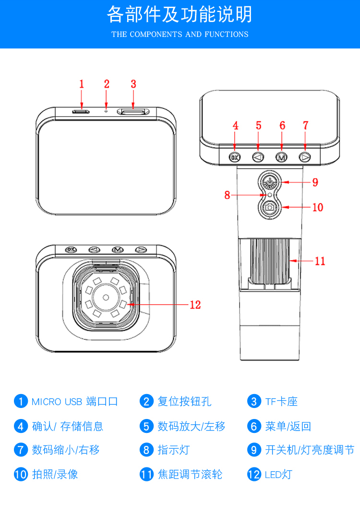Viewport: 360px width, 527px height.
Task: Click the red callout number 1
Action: coord(82,84)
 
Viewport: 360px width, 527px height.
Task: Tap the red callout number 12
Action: coord(195,305)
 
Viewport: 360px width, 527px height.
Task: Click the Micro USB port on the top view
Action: coord(81,111)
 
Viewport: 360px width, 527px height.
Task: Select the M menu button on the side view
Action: coord(281,156)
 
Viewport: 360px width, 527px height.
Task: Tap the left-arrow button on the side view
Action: coord(258,156)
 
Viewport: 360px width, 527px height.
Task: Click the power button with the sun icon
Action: coord(270,182)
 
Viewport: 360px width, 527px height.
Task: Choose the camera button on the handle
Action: coord(270,207)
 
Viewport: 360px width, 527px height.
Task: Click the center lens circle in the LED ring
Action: coord(105,298)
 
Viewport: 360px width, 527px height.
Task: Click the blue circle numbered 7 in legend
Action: coord(21,450)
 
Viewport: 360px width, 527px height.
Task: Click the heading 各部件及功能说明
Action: coord(180,15)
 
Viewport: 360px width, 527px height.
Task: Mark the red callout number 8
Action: coord(227,195)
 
